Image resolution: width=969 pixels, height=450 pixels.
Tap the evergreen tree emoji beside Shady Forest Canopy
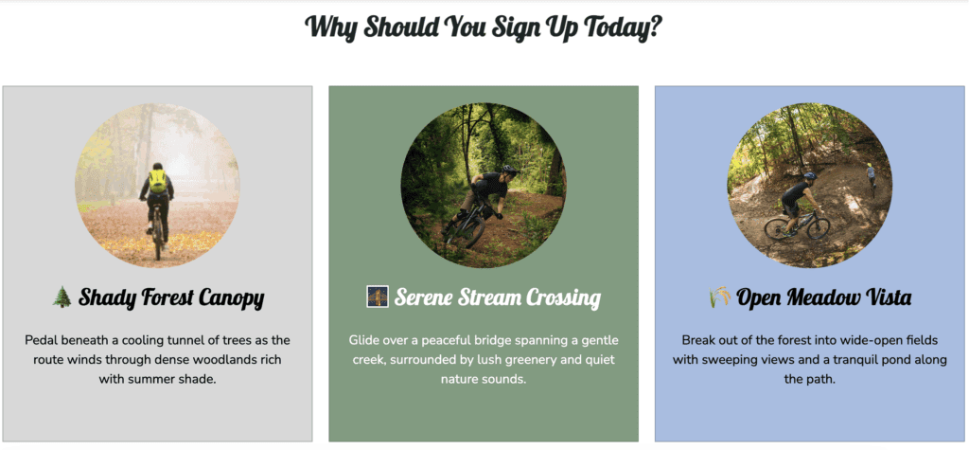coord(62,297)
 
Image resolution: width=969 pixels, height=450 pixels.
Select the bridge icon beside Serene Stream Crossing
coord(377,297)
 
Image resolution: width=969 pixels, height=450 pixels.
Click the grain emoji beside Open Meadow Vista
coord(719,297)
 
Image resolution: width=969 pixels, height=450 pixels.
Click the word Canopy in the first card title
coord(232,299)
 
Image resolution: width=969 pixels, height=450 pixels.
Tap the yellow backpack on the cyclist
coord(158,181)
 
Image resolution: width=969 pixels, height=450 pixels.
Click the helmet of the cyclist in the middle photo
coord(508,170)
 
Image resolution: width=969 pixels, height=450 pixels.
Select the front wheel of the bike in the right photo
coord(819,227)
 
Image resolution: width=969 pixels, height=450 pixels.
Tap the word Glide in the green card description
coord(364,340)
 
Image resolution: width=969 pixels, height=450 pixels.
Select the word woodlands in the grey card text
coord(233,360)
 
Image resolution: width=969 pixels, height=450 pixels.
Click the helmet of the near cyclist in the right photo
coord(810,176)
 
